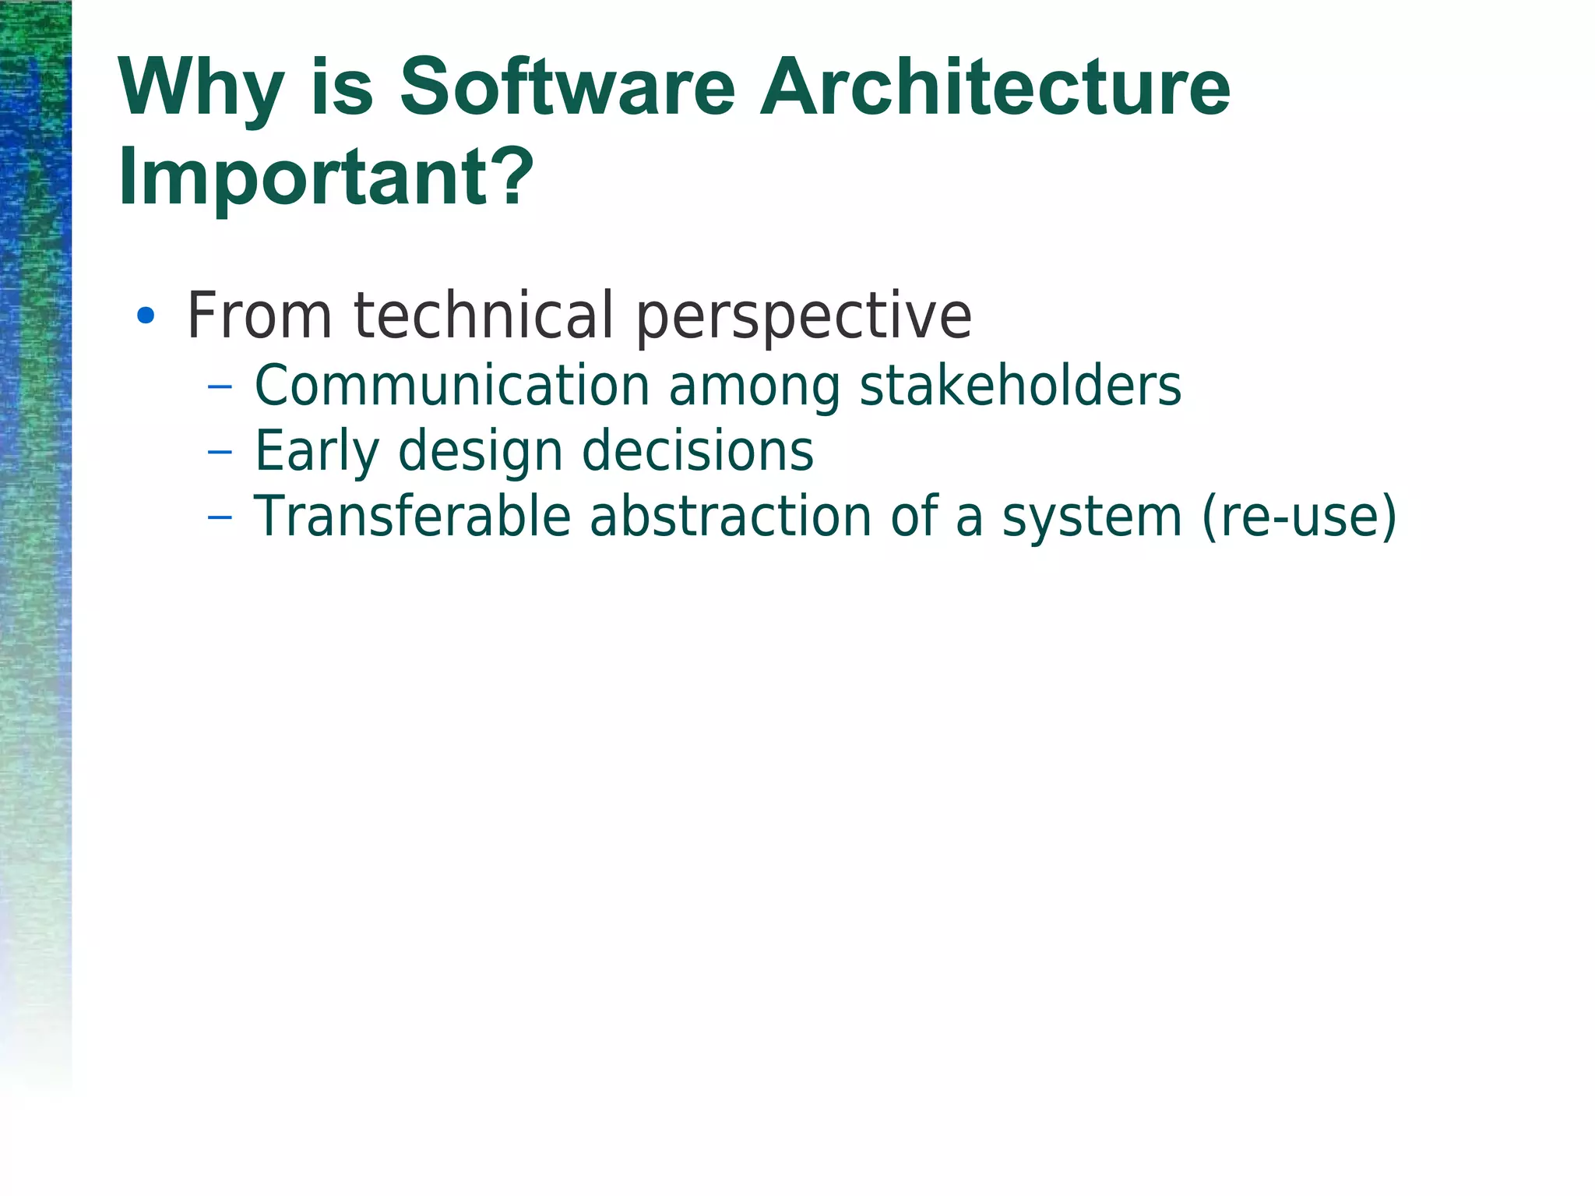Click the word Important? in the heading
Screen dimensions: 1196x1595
click(326, 178)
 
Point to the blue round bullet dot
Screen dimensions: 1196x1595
click(146, 316)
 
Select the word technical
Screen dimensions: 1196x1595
click(484, 316)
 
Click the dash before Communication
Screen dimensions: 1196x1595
click(220, 386)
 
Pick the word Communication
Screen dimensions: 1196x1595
click(452, 386)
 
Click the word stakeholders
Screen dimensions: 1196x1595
click(1020, 386)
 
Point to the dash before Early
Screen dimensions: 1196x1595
click(220, 451)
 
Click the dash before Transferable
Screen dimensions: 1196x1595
click(220, 517)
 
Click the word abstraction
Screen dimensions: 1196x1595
click(730, 517)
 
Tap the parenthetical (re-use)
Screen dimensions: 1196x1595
click(1299, 517)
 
